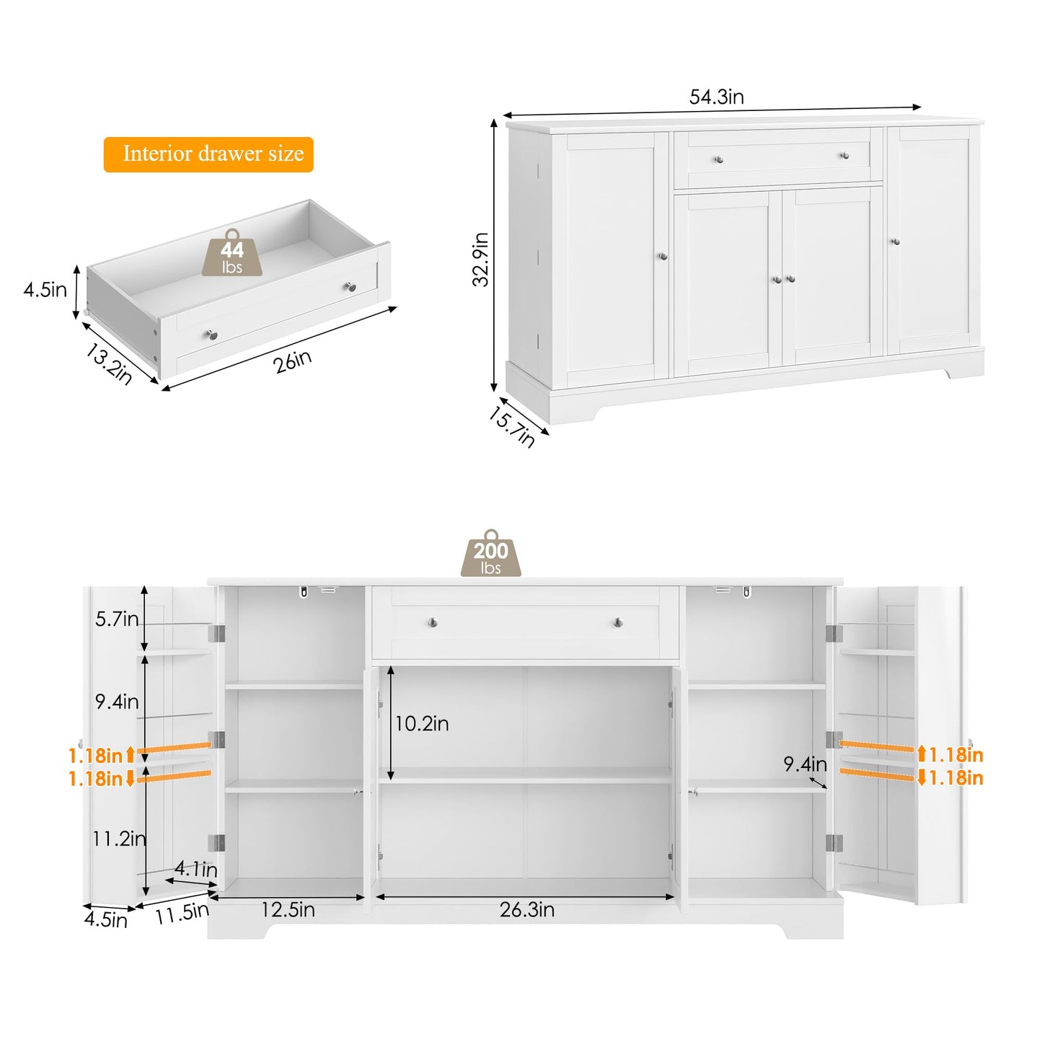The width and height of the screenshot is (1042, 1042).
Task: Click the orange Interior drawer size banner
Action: tap(208, 154)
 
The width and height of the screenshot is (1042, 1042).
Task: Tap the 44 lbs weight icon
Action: tap(232, 254)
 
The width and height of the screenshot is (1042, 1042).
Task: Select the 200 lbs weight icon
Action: tap(490, 555)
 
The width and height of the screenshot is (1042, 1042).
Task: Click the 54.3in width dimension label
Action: tap(716, 97)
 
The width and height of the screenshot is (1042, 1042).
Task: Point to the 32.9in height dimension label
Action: tap(481, 260)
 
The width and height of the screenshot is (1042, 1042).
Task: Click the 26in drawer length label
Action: tap(293, 361)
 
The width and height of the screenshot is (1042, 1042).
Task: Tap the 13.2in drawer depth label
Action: tap(109, 363)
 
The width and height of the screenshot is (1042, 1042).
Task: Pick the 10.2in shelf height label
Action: tap(422, 723)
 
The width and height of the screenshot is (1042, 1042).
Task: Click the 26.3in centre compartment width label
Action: tap(527, 910)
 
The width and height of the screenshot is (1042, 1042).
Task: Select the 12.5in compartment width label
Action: tap(288, 910)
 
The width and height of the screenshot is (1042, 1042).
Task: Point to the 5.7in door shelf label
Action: tap(117, 619)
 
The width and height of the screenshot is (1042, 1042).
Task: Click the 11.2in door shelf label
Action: tap(119, 838)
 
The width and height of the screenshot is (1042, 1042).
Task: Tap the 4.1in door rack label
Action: tap(195, 869)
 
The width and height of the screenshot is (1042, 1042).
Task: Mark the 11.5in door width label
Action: tap(182, 913)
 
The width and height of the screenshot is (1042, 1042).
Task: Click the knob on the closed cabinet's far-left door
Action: tap(663, 256)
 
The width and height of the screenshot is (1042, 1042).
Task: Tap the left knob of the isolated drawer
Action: tap(211, 335)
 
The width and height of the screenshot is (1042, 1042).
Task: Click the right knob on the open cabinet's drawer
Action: tap(618, 622)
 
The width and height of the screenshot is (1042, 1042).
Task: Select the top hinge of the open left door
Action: tap(216, 633)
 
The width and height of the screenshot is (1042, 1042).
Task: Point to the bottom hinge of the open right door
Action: tap(834, 843)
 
